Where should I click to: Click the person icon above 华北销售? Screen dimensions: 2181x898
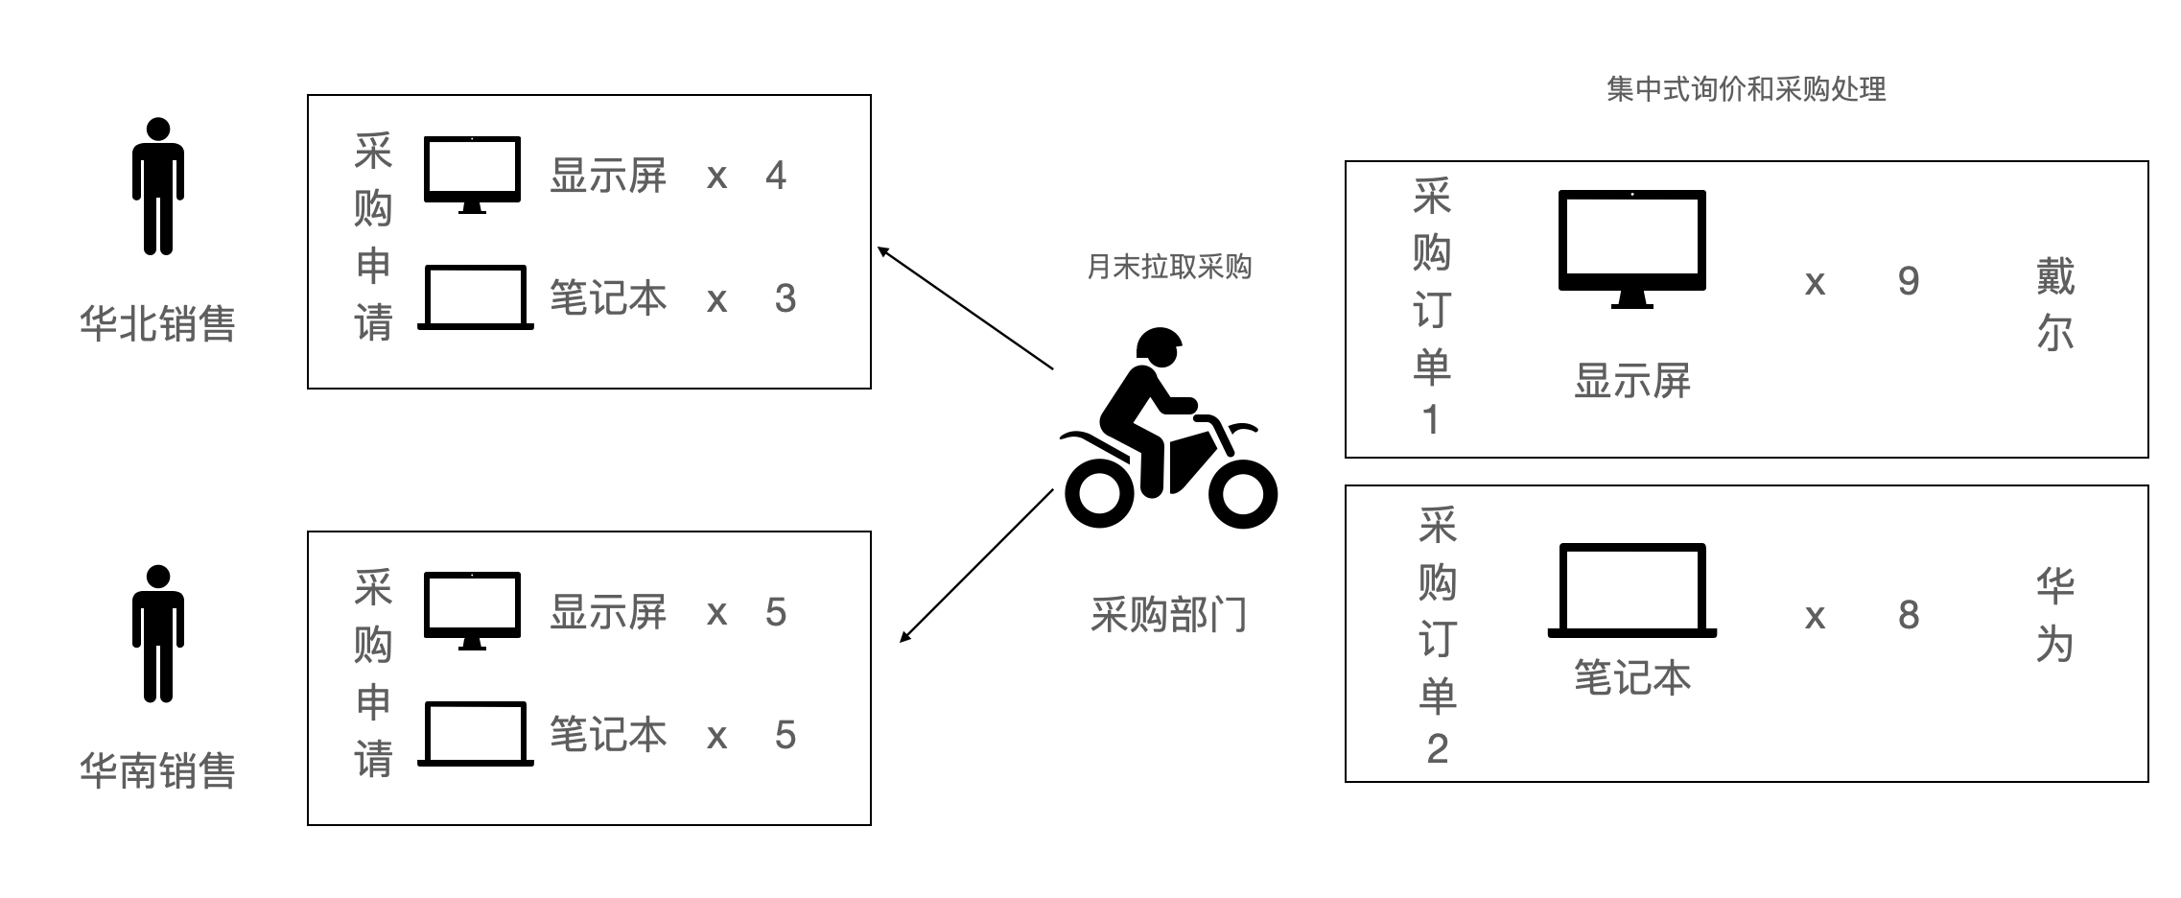[158, 186]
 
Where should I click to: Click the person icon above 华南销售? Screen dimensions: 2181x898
[158, 634]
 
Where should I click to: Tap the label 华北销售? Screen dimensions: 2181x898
[157, 323]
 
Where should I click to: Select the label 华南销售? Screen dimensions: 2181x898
[157, 770]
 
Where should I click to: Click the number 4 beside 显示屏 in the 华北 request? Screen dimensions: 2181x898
[776, 176]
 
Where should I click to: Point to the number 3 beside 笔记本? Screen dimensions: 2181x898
[786, 298]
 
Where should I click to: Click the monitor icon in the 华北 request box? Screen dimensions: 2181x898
[472, 175]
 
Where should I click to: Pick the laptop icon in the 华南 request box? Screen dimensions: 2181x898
[476, 735]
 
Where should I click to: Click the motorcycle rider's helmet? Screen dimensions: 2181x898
[1159, 346]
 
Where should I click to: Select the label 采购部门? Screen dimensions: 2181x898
[1168, 615]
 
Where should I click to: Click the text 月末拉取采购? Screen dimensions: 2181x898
[1169, 267]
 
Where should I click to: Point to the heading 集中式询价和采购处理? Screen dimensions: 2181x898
[1746, 89]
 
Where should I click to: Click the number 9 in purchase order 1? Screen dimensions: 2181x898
[1909, 281]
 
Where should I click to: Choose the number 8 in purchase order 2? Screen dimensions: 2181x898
[1909, 615]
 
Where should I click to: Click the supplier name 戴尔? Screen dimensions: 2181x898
[2055, 303]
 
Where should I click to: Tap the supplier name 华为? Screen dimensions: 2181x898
[2055, 615]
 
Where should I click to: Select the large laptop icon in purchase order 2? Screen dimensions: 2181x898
[1632, 591]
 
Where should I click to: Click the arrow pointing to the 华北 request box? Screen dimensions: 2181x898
[966, 308]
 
